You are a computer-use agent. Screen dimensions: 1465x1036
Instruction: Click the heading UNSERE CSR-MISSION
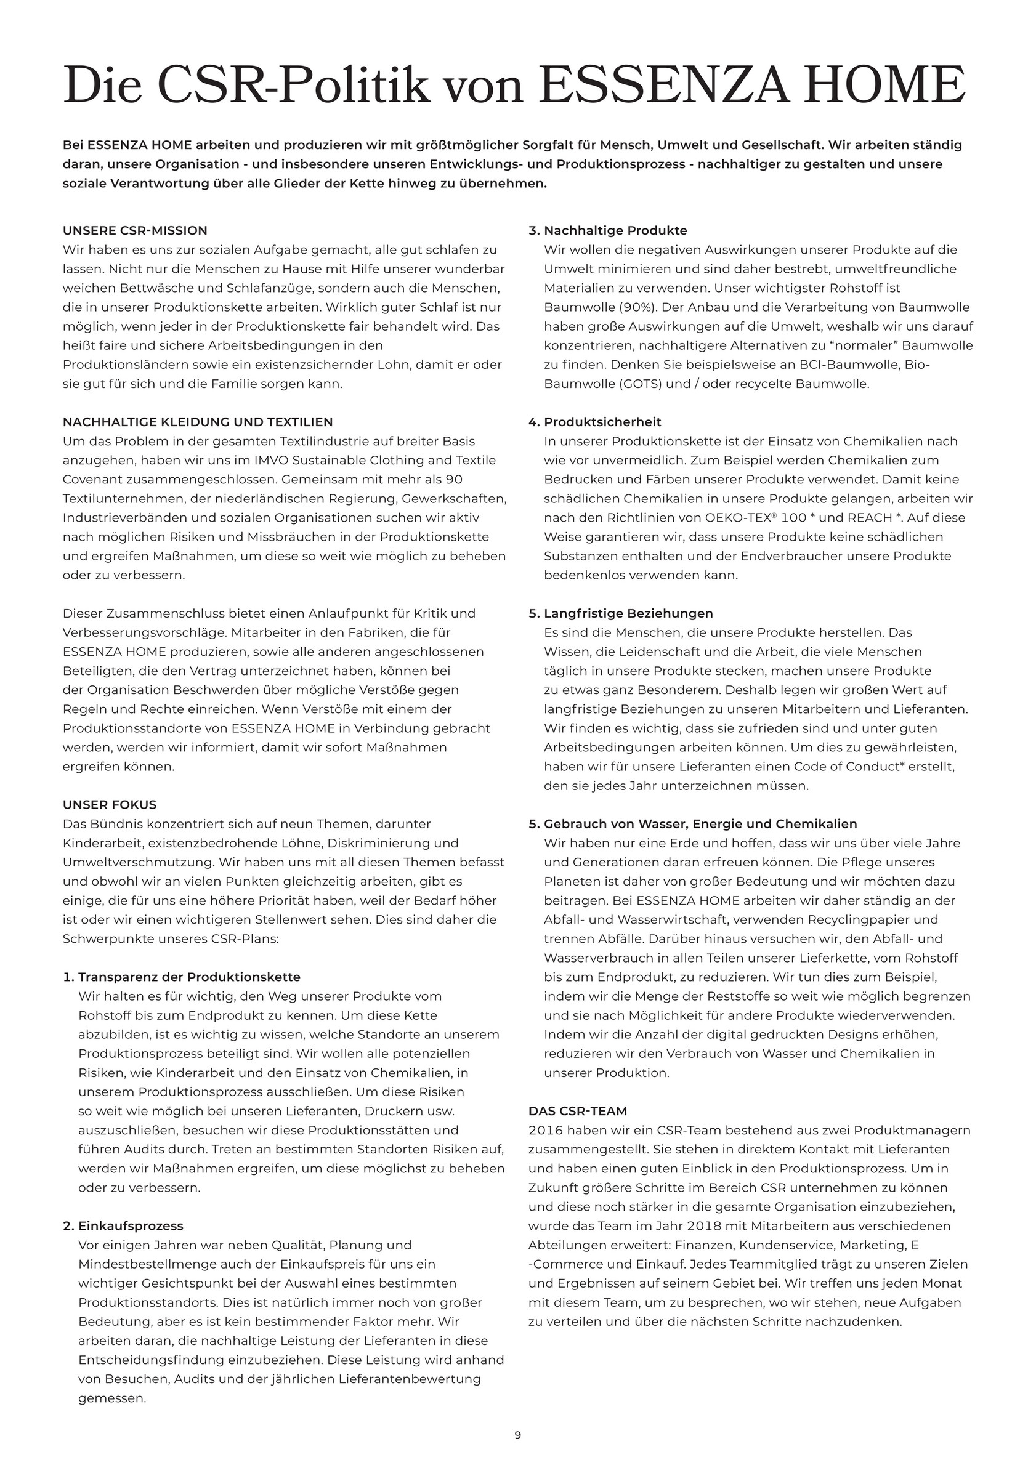[135, 230]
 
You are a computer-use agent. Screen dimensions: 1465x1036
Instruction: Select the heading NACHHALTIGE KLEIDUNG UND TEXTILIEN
[198, 422]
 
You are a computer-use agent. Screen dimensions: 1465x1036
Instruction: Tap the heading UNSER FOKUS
[109, 805]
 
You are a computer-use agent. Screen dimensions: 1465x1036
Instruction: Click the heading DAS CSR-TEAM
[578, 1111]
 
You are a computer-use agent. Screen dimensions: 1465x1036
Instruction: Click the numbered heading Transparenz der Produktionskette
[189, 977]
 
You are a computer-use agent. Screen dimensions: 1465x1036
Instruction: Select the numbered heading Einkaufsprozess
[131, 1225]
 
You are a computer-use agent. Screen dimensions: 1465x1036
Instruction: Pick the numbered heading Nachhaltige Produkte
[615, 230]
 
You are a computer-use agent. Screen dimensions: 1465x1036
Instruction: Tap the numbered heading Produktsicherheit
[602, 422]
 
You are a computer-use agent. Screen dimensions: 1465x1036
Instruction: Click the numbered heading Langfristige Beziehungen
[628, 613]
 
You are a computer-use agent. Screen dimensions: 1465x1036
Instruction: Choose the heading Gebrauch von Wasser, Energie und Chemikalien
[700, 824]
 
